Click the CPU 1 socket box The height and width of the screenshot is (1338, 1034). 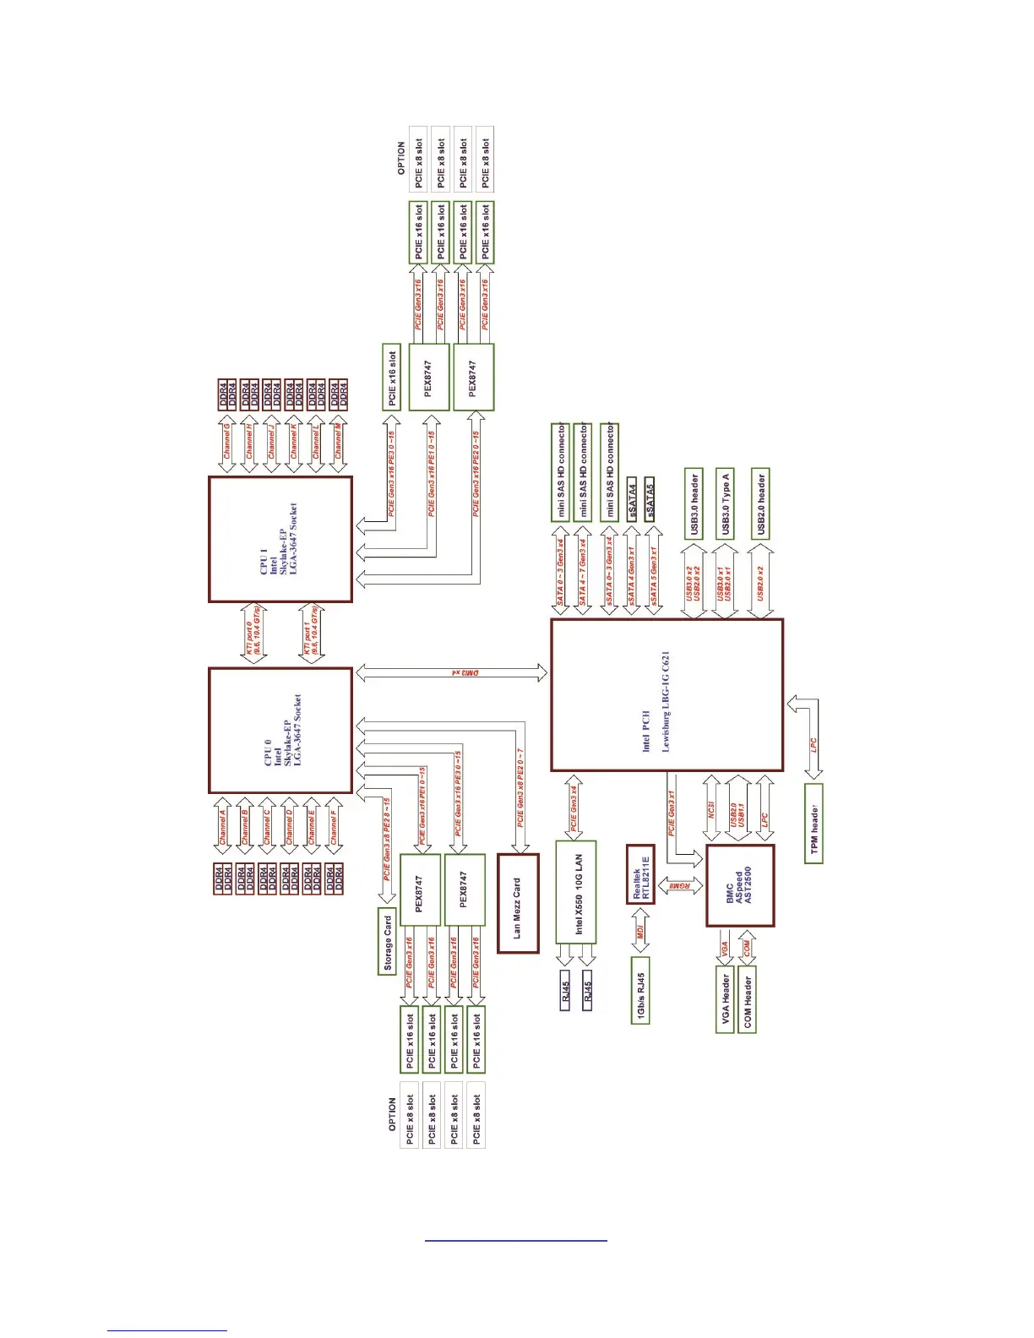[x=280, y=539]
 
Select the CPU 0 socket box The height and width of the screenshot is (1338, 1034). [x=280, y=731]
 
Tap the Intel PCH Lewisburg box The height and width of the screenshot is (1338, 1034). [x=667, y=694]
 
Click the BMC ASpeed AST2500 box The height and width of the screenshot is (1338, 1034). [x=739, y=886]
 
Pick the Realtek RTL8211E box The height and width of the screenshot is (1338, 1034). [x=640, y=873]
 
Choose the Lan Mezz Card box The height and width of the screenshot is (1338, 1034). [x=518, y=904]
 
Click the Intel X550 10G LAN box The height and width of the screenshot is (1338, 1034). [x=576, y=892]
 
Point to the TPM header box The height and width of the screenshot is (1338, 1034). [x=814, y=823]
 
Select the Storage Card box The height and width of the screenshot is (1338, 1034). [x=387, y=941]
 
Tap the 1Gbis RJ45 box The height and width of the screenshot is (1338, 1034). [x=640, y=990]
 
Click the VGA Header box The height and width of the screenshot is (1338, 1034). [x=725, y=998]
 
